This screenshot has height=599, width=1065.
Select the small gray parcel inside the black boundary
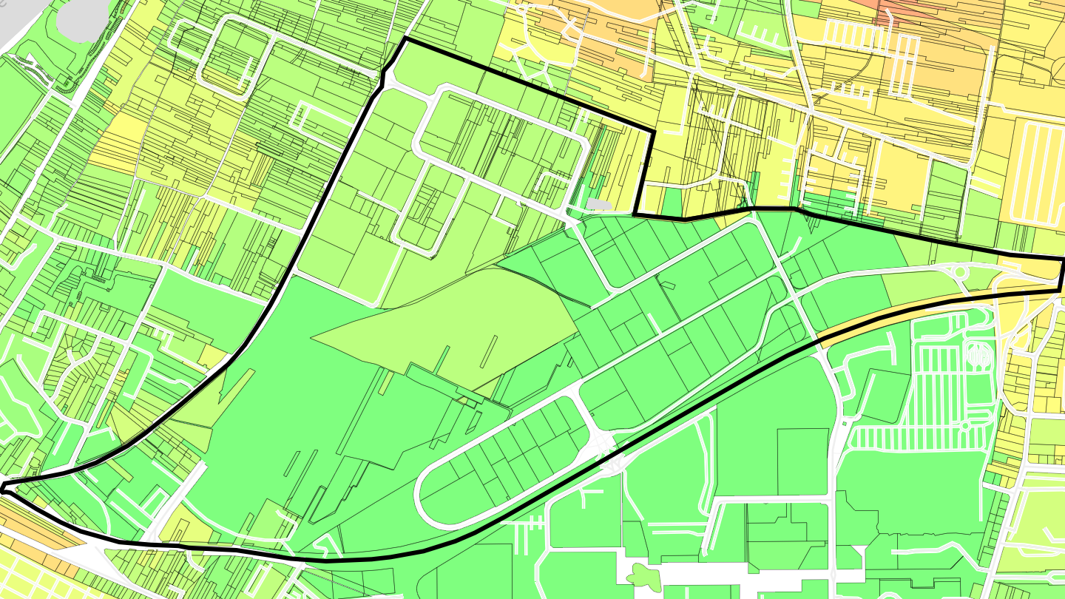(x=600, y=203)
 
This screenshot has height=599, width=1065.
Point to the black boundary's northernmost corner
(x=405, y=38)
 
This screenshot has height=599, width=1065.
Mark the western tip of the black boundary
(x=3, y=487)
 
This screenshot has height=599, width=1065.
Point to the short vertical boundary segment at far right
(x=1061, y=274)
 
